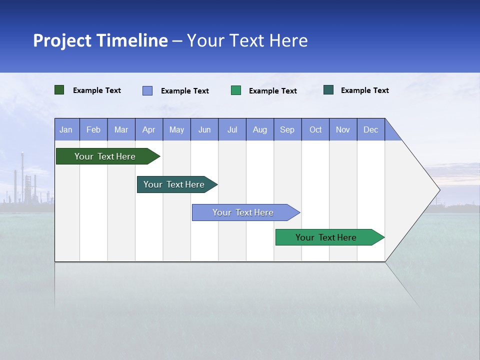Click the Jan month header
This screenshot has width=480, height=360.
[66, 129]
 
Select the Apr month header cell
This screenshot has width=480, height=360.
[149, 129]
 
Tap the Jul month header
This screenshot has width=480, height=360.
[232, 129]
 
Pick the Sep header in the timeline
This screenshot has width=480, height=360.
[287, 129]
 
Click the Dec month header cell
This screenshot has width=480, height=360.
[371, 129]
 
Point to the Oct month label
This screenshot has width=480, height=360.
[315, 129]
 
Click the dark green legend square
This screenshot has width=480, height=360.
[59, 90]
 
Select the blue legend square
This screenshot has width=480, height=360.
[147, 90]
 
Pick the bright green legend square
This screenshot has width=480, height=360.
[236, 90]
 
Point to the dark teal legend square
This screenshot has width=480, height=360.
[328, 90]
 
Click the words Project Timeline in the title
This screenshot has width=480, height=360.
[100, 40]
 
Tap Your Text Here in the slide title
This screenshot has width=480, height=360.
[247, 40]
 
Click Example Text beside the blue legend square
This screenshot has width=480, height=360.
[185, 91]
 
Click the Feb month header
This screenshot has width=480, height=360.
[93, 129]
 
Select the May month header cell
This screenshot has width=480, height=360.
[176, 129]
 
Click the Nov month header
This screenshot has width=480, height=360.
[343, 129]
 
